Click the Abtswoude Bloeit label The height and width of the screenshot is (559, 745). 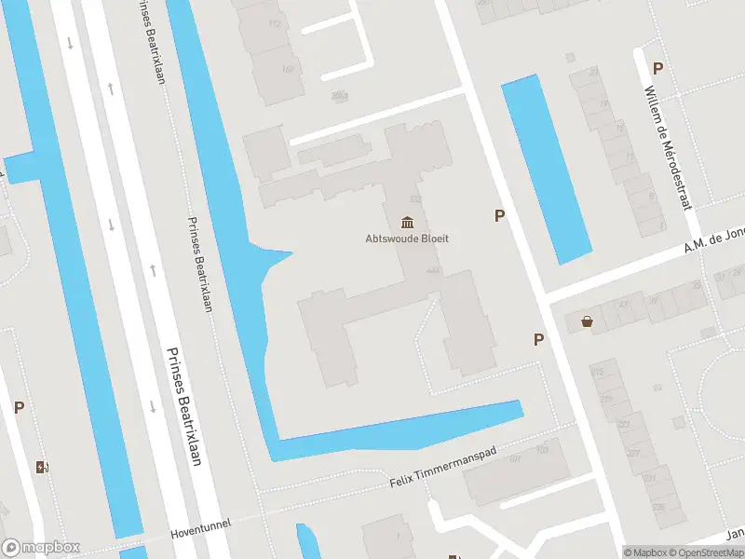407,239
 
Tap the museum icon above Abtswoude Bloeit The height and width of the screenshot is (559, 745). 407,222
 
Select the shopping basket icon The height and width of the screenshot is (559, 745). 588,322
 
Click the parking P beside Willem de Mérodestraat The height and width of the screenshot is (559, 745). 657,68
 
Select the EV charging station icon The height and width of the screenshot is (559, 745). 42,467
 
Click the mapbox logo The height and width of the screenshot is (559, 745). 40,548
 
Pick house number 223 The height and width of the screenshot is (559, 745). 623,424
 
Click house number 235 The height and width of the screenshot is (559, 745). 657,507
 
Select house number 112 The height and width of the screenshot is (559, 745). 274,23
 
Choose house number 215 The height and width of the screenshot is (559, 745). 598,373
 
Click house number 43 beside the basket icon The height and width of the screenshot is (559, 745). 624,306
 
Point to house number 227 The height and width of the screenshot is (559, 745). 635,454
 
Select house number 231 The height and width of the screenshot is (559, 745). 649,479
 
